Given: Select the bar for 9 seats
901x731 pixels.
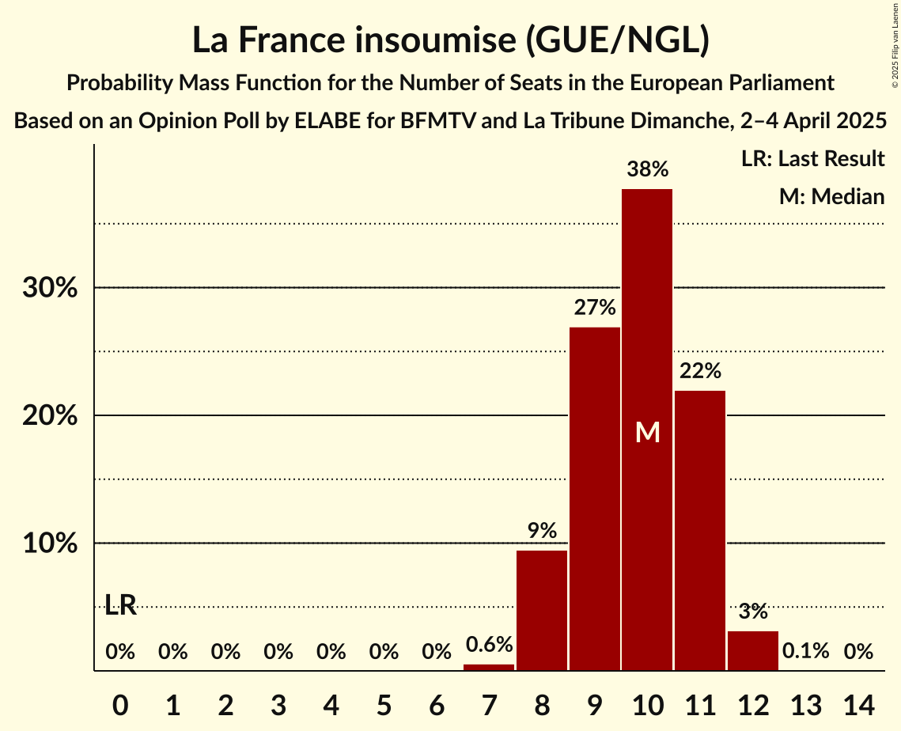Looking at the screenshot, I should (595, 498).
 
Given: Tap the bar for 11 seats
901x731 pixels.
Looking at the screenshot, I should (700, 530).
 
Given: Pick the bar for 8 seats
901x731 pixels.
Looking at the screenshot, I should (542, 610).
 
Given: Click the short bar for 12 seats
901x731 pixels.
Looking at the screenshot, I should (753, 650).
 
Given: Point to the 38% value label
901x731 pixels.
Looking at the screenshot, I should (648, 169).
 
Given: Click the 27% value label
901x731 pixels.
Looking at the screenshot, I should (595, 308).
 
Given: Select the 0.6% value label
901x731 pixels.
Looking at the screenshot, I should (489, 645).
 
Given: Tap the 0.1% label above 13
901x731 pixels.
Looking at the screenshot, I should (806, 651).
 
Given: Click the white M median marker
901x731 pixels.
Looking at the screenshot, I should (648, 432).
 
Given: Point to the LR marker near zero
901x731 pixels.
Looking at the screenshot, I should (120, 606).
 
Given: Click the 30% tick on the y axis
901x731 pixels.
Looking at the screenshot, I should (50, 288).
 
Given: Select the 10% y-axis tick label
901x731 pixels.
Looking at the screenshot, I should (50, 544).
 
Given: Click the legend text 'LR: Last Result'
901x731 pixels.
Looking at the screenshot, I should (812, 159).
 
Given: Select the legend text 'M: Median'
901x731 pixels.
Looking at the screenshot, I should (831, 196).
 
